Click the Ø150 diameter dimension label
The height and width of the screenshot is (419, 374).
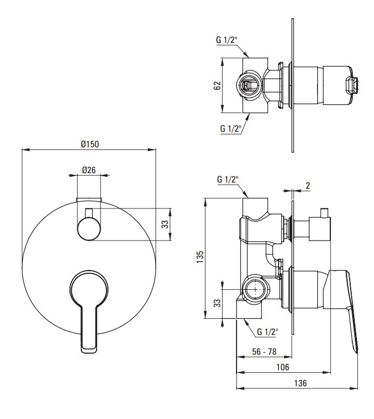[x=90, y=144]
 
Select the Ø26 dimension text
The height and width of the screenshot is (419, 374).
[x=89, y=170]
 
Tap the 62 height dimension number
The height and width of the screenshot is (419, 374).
[x=217, y=85]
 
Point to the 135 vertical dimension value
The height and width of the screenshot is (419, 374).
[x=200, y=257]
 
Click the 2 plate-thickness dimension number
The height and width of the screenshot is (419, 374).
[x=308, y=186]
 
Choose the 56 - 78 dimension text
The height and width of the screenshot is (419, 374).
[x=264, y=352]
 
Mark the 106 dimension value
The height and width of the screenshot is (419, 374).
[x=283, y=367]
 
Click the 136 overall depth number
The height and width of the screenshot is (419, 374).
[x=300, y=383]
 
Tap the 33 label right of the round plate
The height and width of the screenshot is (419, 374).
[x=165, y=224]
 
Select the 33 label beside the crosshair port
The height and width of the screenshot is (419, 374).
[x=217, y=303]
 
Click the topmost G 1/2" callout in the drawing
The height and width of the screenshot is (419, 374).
[x=227, y=40]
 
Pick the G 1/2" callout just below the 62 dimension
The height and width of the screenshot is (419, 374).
[x=231, y=129]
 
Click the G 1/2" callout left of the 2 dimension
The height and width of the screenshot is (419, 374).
[x=228, y=179]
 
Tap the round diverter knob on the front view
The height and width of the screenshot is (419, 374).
[x=89, y=229]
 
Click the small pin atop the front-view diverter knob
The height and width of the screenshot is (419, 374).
[x=89, y=213]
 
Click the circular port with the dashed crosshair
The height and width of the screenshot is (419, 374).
[x=256, y=289]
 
